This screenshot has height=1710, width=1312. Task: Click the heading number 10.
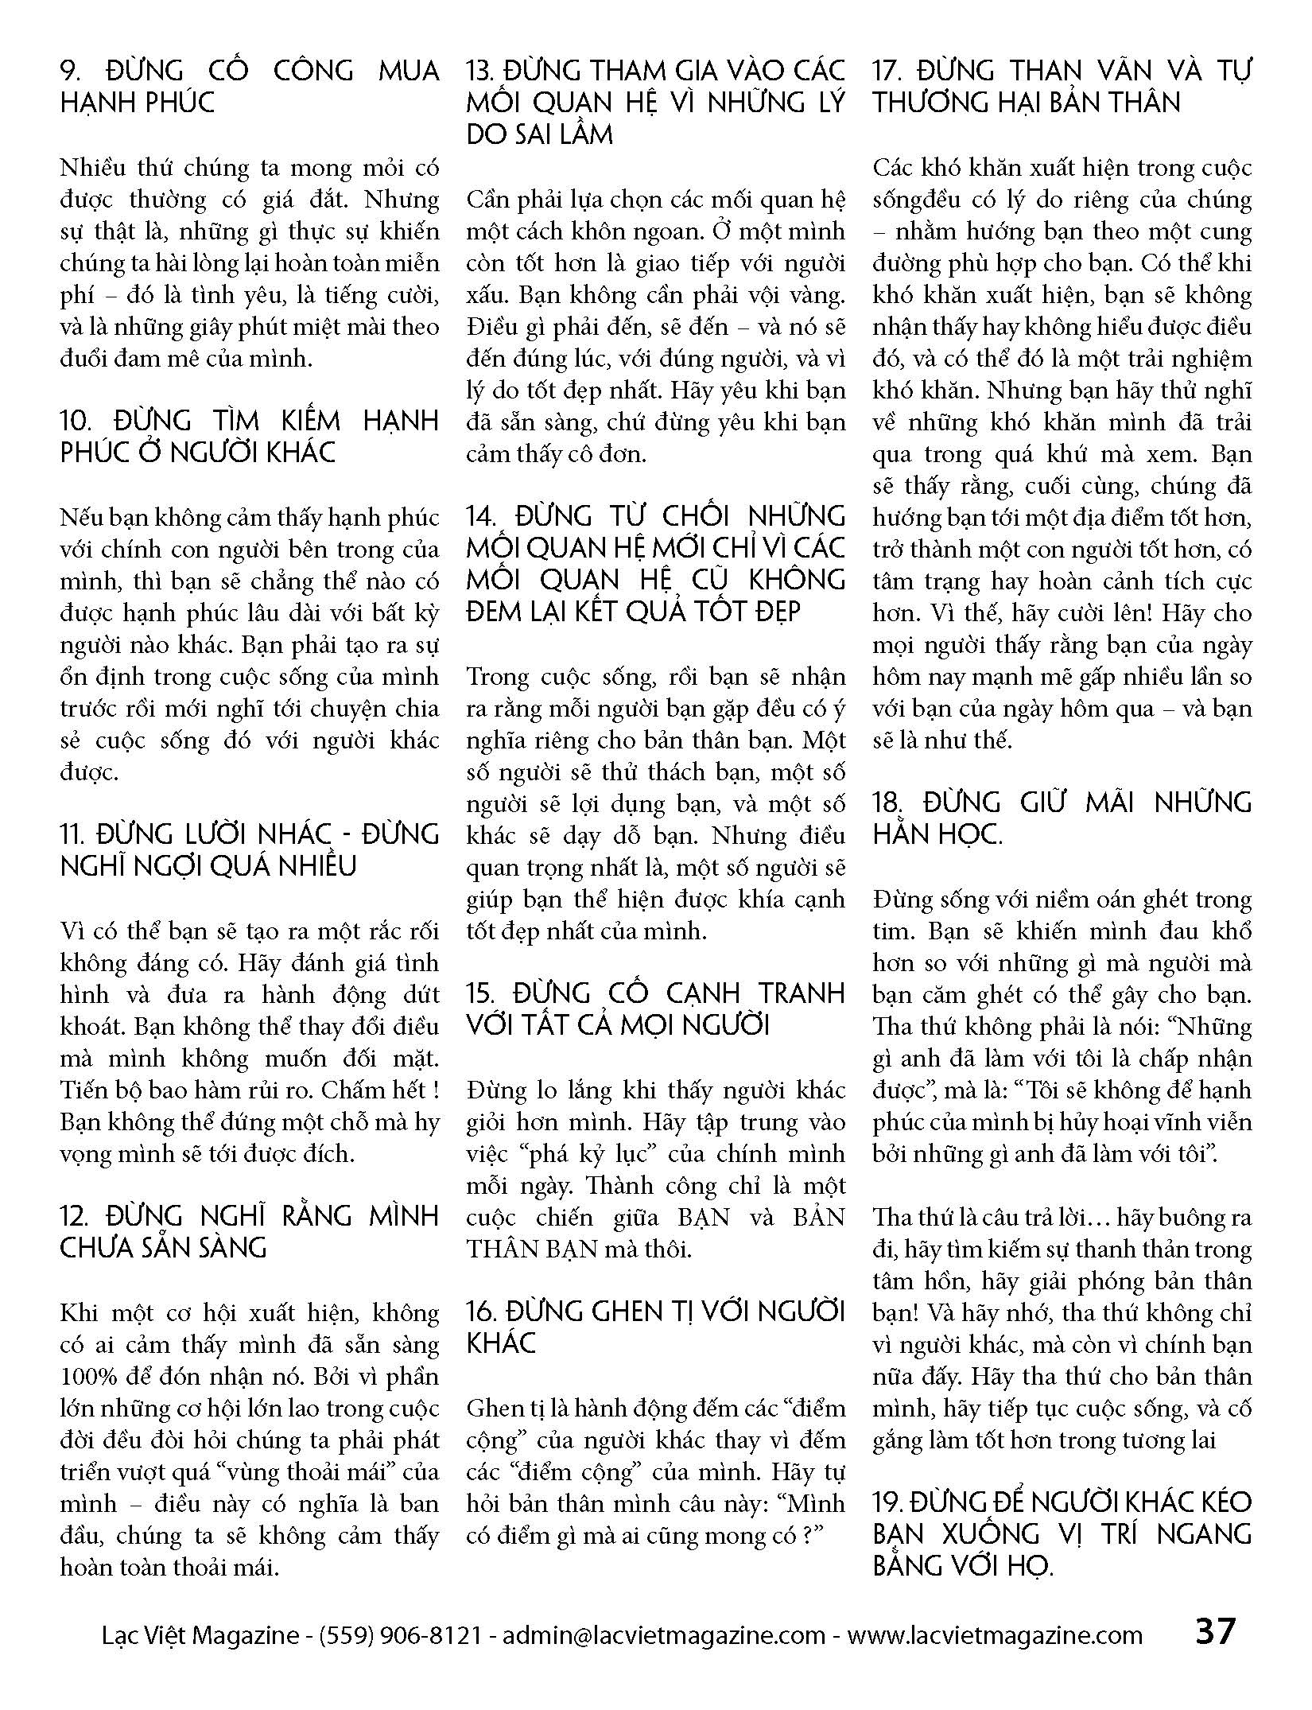pos(77,421)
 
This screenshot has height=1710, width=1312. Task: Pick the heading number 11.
pos(73,834)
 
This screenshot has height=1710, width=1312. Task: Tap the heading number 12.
pos(76,1216)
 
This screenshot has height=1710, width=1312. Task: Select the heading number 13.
pos(479,72)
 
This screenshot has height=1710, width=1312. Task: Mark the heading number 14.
pos(481,517)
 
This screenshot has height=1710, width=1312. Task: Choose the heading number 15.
pos(480,994)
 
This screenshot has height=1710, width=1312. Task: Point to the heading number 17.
pos(886,72)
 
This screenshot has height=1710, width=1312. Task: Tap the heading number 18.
pos(887,803)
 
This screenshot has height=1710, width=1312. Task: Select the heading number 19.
pos(887,1502)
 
